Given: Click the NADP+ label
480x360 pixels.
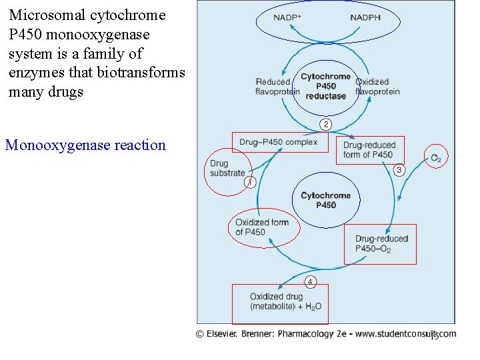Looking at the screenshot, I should coord(287,17).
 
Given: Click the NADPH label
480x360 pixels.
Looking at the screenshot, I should coord(365,17).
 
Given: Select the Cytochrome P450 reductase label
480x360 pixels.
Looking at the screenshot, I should coord(326,86).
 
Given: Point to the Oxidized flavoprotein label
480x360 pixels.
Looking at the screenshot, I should coord(378,87).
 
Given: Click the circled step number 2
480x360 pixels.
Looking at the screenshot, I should coord(326,125).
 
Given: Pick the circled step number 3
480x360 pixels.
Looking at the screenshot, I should coord(399,170).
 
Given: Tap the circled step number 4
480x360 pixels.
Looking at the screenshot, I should coord(311,281).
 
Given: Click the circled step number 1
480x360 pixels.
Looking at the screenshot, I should coord(249,182).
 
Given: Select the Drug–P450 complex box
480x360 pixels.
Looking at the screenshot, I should coord(279,142).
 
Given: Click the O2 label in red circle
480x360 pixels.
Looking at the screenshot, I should coord(436,158).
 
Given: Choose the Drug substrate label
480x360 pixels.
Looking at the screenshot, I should coord(227,168).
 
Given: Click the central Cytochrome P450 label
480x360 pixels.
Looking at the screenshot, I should coord(326,200).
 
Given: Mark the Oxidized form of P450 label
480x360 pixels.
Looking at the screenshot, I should coord(261,227).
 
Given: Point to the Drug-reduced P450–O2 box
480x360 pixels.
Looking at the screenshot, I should coord(380,244).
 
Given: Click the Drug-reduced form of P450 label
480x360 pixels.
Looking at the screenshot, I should coord(369,150).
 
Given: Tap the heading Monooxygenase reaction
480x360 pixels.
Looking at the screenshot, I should coord(85,145).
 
